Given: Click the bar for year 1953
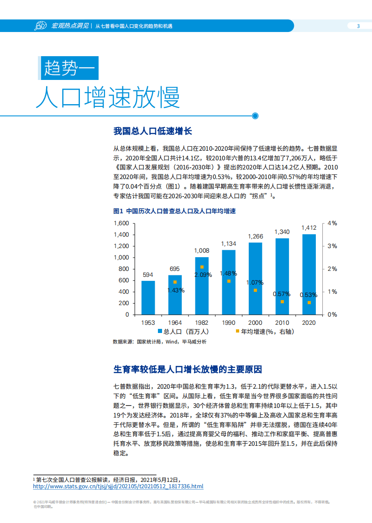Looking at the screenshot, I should pos(148,297).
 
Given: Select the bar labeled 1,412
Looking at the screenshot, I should pos(309,274).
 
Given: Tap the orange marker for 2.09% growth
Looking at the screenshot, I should pos(202,267).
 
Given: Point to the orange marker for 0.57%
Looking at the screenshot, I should pos(282,301).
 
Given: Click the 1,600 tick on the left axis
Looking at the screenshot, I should pos(121,223).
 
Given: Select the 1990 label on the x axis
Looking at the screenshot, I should pos(229,322).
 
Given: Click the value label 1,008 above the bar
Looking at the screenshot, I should pos(202,251).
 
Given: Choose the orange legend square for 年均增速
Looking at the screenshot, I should pos(237,332).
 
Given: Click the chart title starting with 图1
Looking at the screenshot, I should pos(174,211).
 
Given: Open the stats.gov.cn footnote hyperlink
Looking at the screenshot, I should pos(118,486).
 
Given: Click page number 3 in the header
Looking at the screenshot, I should pos(358,26).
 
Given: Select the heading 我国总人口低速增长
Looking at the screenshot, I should pos(153,132).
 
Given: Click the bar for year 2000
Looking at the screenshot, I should pos(256,278).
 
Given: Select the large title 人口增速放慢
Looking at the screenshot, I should pos(108,96).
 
